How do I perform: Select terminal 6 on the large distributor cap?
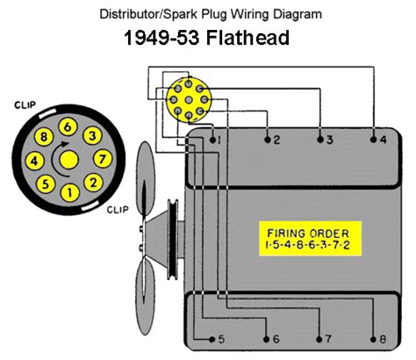tap(66, 127)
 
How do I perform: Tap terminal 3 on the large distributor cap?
tap(90, 136)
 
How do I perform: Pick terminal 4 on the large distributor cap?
tap(33, 160)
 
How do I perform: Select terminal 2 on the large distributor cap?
tap(90, 183)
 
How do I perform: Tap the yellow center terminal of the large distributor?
tap(67, 160)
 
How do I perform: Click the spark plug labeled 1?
tap(212, 139)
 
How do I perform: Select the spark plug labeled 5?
tap(212, 339)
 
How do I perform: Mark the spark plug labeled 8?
tap(373, 339)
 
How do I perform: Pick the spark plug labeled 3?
tap(319, 139)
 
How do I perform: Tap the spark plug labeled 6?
tap(266, 339)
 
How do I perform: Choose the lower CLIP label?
tap(118, 211)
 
